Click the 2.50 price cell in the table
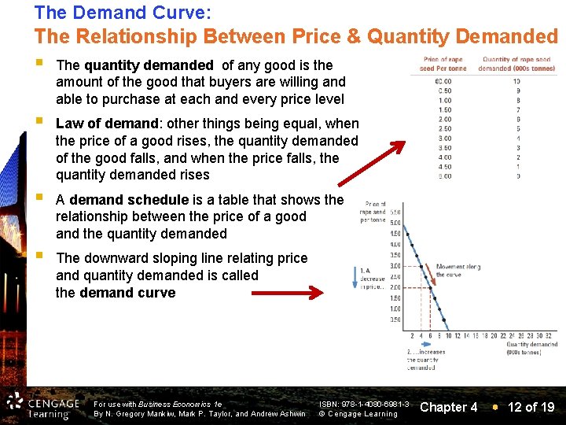tap(444, 128)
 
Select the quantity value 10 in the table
tap(516, 81)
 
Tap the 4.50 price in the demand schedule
tap(444, 166)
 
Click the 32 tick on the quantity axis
tap(553, 335)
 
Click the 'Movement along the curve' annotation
tap(458, 271)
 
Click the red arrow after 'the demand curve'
tap(286, 294)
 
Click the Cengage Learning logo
tap(42, 405)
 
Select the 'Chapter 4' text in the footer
tap(449, 407)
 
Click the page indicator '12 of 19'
tap(531, 407)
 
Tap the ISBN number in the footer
tap(364, 404)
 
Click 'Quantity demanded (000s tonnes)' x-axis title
tap(532, 348)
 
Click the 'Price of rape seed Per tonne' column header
tap(443, 64)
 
